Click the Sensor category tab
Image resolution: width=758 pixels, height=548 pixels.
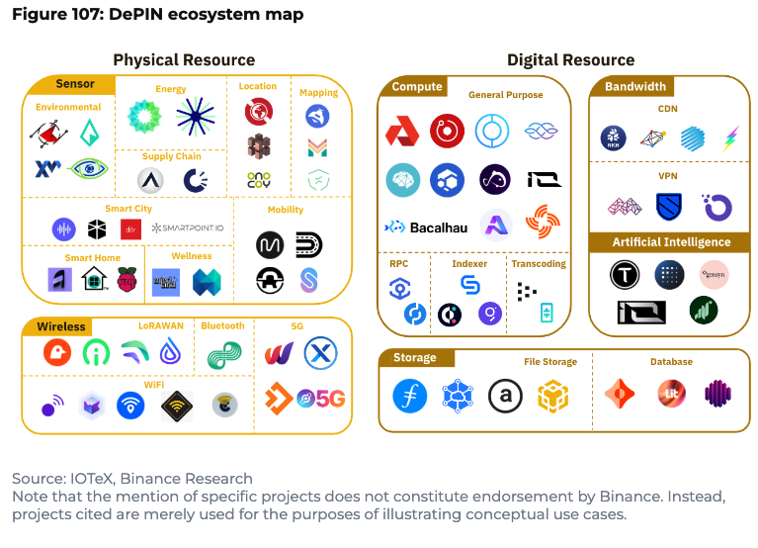[x=75, y=85]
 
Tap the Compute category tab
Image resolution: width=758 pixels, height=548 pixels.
[x=416, y=87]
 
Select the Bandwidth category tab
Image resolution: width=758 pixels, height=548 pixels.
[x=635, y=87]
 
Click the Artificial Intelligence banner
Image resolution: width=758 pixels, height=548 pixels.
[x=671, y=242]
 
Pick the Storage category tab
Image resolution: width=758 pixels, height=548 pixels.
[x=415, y=357]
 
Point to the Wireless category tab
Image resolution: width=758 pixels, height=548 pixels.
[x=61, y=326]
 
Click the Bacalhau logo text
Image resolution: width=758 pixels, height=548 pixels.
[x=434, y=227]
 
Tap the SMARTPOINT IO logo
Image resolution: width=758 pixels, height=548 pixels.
[x=188, y=228]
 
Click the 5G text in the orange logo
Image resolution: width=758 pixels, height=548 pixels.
[x=330, y=399]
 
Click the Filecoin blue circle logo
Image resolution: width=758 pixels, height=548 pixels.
[x=410, y=396]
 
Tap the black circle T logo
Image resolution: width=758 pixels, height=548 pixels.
[x=624, y=274]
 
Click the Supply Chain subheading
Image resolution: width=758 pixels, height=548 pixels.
[x=171, y=156]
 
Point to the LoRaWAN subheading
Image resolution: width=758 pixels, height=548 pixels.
[x=160, y=325]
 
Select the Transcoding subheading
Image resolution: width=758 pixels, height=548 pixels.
[x=538, y=264]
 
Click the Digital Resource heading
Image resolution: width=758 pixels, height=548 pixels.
[x=570, y=60]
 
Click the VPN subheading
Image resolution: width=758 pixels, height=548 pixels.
[x=668, y=176]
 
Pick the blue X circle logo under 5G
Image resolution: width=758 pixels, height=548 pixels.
[x=320, y=352]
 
